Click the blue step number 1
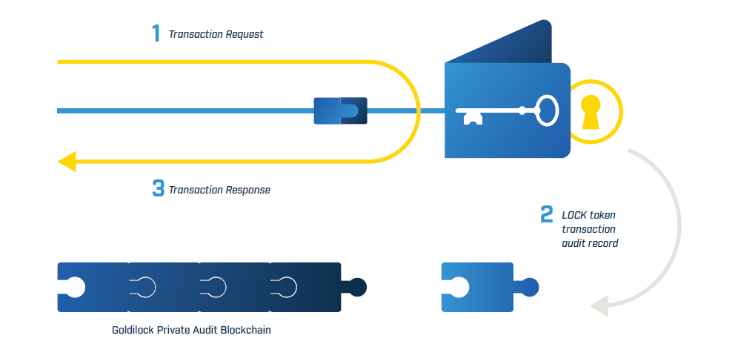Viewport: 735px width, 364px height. tap(156, 33)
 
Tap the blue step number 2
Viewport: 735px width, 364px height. tap(546, 215)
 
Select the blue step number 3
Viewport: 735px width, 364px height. tap(158, 189)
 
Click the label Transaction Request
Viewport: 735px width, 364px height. tap(216, 34)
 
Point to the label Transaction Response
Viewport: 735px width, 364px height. tap(219, 190)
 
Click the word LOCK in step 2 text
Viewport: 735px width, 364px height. tap(574, 215)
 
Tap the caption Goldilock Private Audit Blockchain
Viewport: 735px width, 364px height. tap(191, 330)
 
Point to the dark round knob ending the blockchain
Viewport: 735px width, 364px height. tap(358, 286)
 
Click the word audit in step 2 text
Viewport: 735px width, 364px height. tap(575, 243)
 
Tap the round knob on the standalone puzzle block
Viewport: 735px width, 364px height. tap(530, 286)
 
